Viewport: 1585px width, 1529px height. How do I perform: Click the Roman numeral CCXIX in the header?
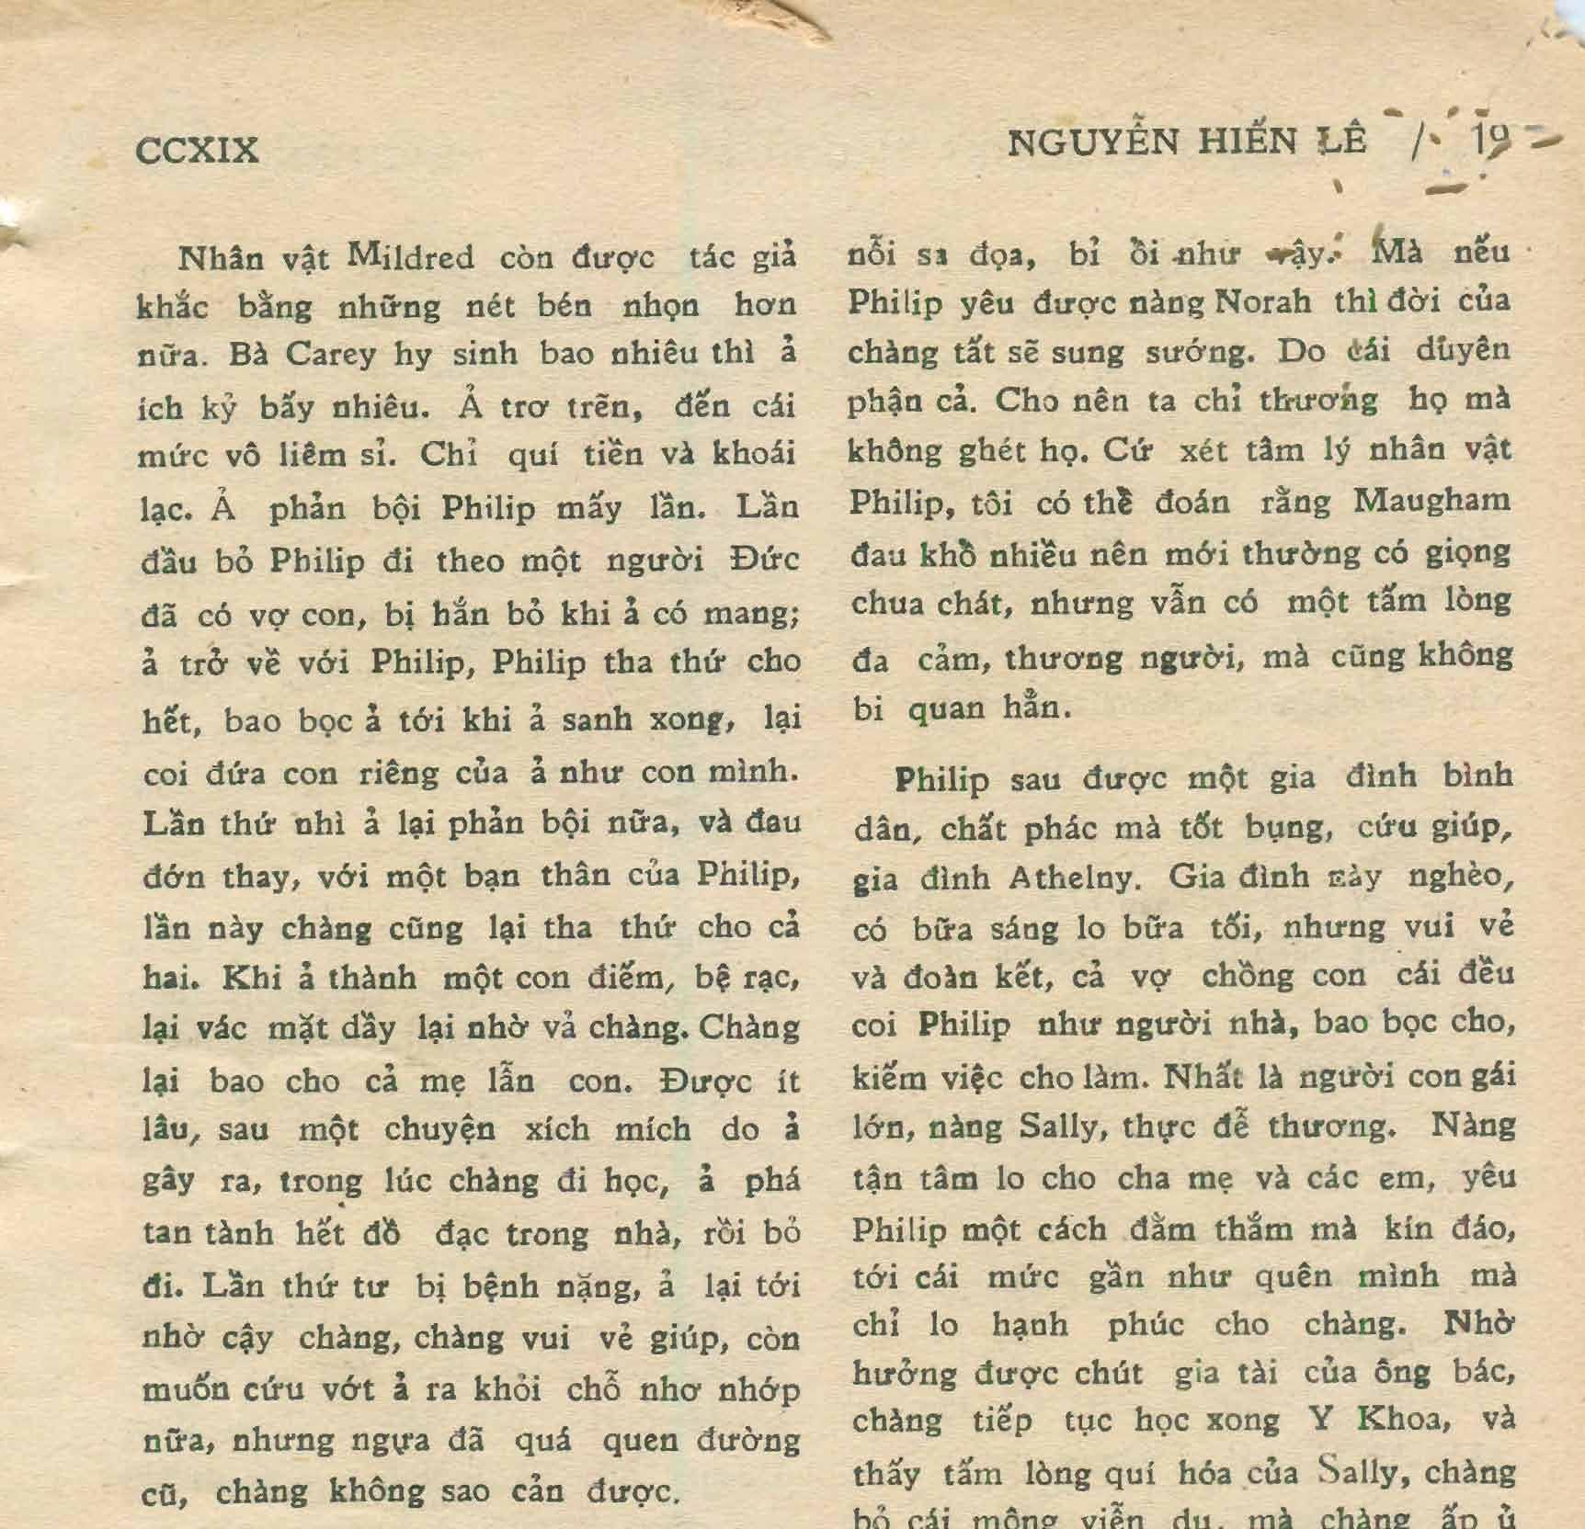198,149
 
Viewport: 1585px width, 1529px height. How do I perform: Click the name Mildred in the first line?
410,257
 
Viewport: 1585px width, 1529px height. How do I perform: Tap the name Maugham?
1432,501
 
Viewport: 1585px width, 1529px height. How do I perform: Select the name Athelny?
1074,878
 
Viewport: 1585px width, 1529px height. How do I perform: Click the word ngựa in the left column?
395,1441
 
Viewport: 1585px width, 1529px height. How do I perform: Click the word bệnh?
502,1286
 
